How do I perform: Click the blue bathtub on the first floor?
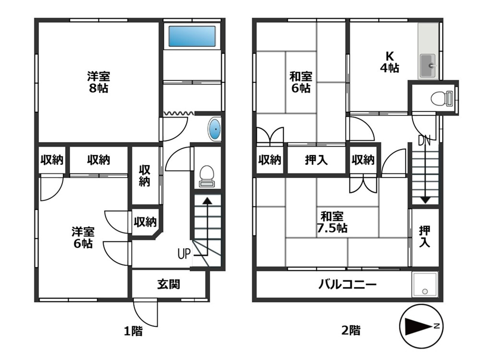[x=192, y=36]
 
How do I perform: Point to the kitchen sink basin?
[x=428, y=65]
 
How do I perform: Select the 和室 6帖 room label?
[x=300, y=82]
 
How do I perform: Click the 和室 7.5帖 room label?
[x=331, y=222]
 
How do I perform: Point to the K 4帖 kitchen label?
[x=389, y=61]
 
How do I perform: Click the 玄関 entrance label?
[x=168, y=284]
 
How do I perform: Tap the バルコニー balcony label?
[x=348, y=285]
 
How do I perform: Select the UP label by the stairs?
[x=184, y=253]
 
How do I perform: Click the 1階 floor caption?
[x=133, y=330]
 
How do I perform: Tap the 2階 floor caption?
[x=350, y=330]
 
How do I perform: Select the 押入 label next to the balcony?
[x=425, y=237]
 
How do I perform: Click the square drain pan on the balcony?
[x=425, y=285]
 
